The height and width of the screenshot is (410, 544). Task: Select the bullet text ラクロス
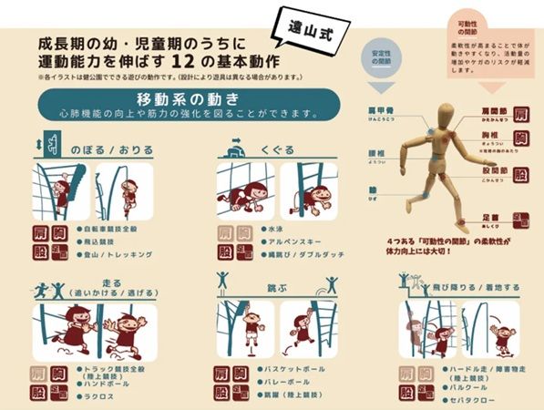pyautogui.click(x=97, y=398)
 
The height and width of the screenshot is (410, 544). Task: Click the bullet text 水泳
pyautogui.click(x=270, y=231)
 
